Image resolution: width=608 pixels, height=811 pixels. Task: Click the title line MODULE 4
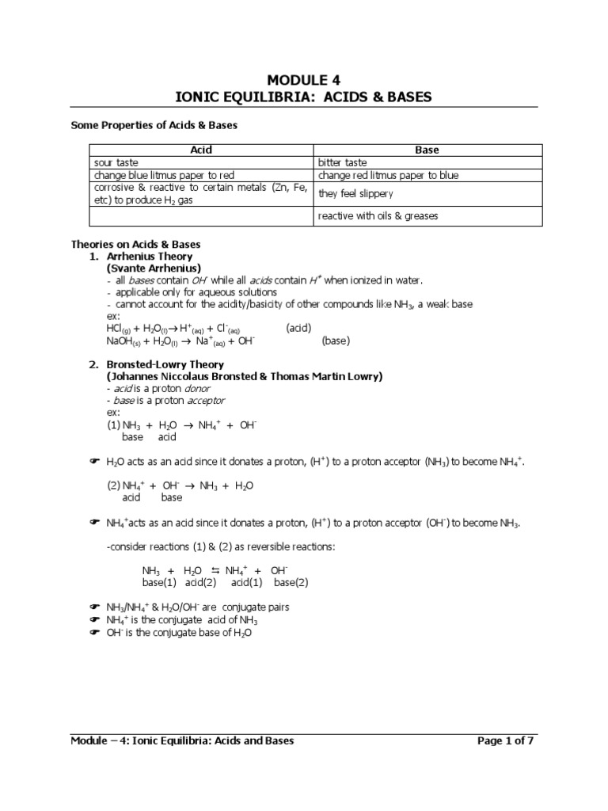(x=303, y=80)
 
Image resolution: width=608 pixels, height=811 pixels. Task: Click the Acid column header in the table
(x=201, y=150)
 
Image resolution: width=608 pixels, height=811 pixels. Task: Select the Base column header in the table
(x=427, y=150)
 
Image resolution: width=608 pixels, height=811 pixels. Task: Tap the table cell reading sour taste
(x=116, y=162)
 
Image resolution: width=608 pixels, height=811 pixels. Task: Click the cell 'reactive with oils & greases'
(x=378, y=216)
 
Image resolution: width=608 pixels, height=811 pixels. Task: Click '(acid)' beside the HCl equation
(x=298, y=328)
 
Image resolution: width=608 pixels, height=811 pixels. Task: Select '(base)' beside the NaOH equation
(x=335, y=341)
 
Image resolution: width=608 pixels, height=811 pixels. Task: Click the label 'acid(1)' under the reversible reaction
(x=248, y=582)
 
